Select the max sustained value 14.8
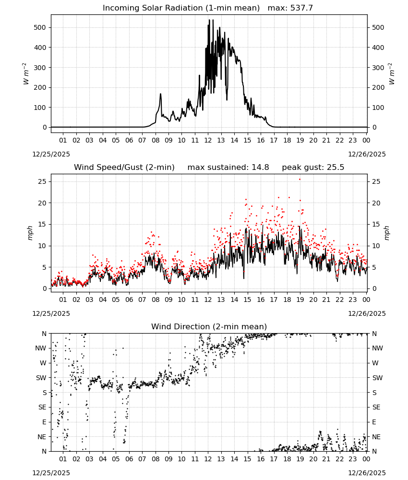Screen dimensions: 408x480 [260, 167]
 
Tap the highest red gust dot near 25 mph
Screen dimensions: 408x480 [300, 180]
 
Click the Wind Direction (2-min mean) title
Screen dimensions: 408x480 [209, 326]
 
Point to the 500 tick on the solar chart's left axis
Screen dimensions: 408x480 [40, 27]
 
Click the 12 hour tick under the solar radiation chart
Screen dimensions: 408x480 [208, 140]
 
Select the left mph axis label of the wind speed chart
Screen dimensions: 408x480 [30, 233]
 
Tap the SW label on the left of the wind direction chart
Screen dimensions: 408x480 [41, 378]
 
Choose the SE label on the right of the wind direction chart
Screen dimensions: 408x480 [376, 407]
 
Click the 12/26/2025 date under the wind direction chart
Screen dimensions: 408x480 [367, 473]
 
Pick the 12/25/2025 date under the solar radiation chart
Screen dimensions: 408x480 [51, 154]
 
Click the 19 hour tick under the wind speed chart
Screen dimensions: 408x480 [300, 300]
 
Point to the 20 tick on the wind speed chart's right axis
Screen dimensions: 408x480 [376, 203]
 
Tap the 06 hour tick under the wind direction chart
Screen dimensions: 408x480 [129, 459]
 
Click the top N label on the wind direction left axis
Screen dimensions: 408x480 [44, 334]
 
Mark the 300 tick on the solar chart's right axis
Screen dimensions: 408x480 [378, 68]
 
